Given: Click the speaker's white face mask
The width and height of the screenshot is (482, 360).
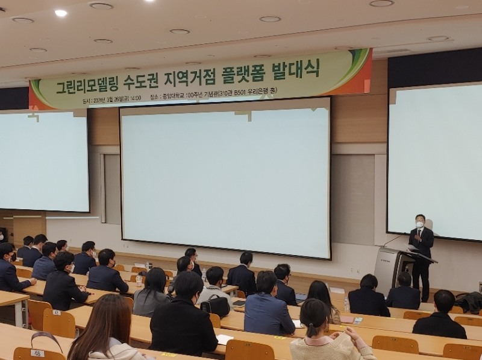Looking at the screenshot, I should click(419, 224).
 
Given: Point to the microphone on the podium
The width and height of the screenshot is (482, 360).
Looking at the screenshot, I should click(395, 239).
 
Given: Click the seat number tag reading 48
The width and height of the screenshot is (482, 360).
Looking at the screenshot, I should click(37, 353).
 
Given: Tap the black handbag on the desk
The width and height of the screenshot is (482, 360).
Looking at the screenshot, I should click(216, 305).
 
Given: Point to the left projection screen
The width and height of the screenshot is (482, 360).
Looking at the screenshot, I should click(43, 160).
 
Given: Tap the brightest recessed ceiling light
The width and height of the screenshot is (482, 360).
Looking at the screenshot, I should click(61, 13).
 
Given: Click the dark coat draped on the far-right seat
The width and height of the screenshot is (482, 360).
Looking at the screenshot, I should click(470, 301).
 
